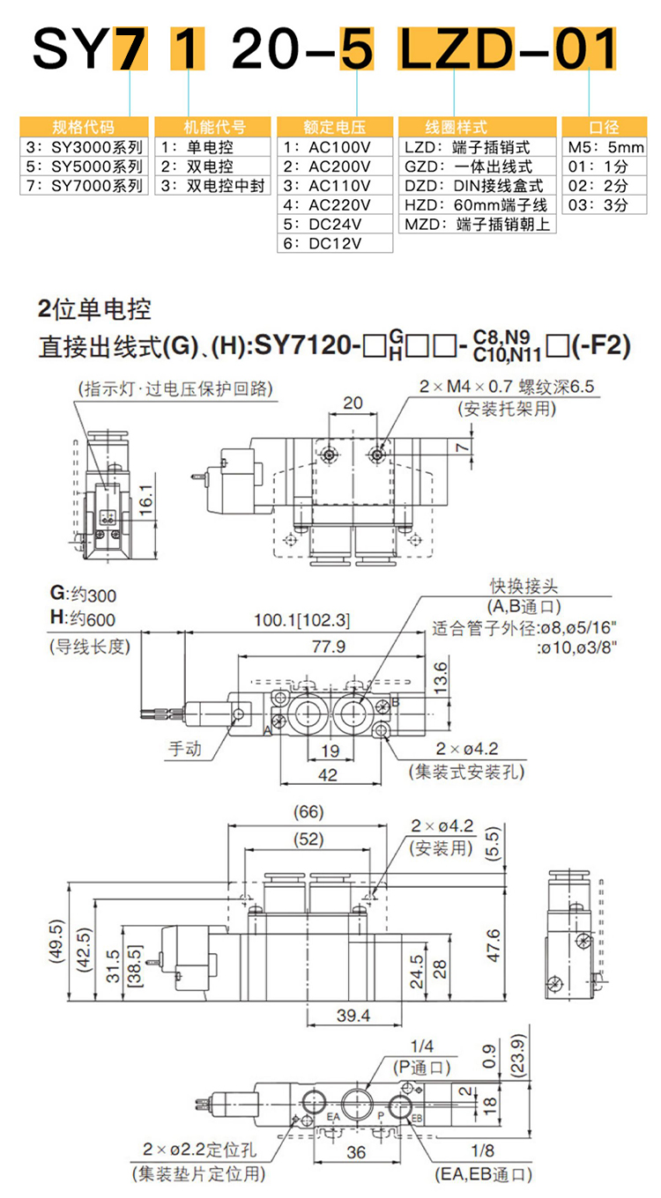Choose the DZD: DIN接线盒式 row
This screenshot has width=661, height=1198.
474,185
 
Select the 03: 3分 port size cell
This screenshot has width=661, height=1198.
598,204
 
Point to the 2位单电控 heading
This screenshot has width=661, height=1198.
95,309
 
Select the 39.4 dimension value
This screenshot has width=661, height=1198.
354,1016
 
